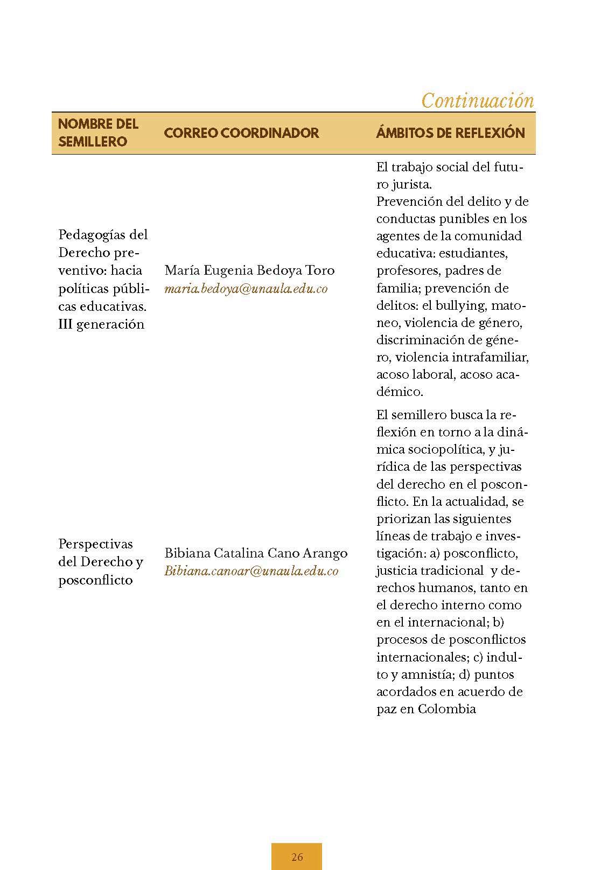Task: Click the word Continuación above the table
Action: pos(477,101)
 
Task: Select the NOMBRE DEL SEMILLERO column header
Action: pos(99,133)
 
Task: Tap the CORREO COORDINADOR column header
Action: pos(241,133)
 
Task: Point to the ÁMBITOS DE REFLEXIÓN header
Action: pos(450,133)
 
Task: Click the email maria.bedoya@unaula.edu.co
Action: pos(246,289)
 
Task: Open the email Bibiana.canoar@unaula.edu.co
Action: pos(251,571)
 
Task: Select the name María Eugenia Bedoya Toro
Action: pos(249,270)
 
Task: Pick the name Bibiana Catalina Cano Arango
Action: pos(256,553)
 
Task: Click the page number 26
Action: pos(297,857)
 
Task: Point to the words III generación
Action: pos(101,324)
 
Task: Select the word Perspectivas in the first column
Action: pos(95,544)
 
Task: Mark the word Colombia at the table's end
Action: pos(446,709)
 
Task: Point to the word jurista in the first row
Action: pos(411,184)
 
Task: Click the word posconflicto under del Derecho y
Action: pos(95,580)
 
